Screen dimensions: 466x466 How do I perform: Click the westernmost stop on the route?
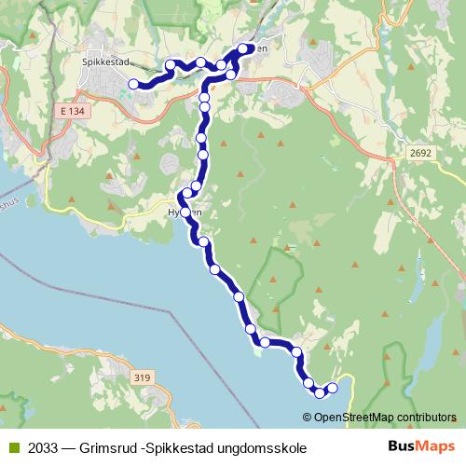133,84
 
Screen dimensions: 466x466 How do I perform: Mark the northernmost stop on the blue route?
244,48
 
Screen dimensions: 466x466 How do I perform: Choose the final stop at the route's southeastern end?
331,387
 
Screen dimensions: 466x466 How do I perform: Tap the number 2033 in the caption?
42,447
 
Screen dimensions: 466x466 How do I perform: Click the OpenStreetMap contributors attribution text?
385,417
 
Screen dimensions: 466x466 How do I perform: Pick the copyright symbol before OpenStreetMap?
308,417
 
